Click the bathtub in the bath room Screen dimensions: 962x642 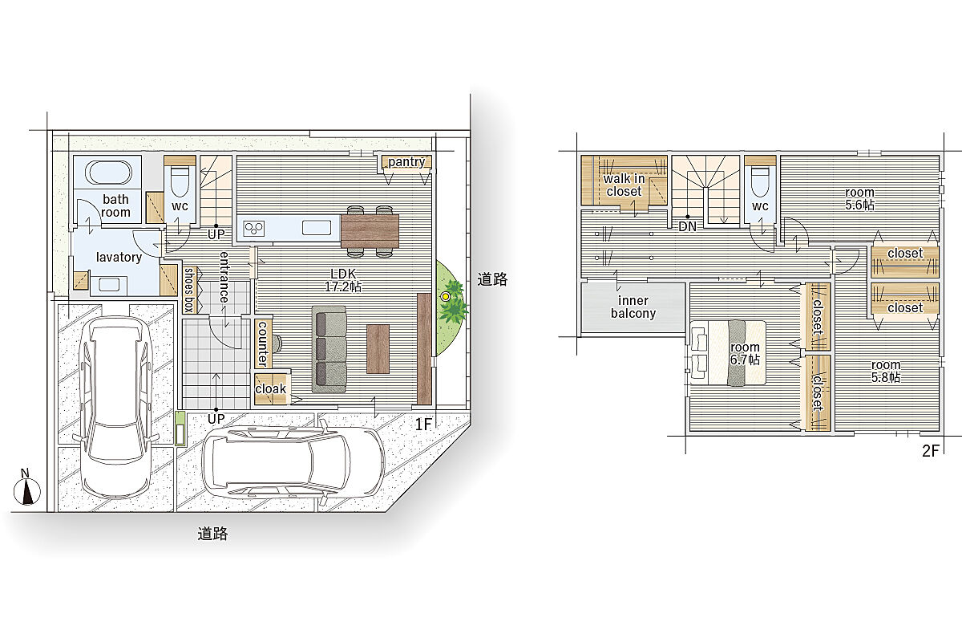108,173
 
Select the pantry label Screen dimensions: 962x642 406,161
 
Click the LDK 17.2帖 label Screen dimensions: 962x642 343,280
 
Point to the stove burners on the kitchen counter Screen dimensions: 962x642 254,228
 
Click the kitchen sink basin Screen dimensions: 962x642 317,227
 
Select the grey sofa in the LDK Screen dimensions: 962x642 329,349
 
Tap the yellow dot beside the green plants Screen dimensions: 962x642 446,296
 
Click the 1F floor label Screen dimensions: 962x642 423,425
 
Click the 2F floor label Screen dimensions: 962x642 931,450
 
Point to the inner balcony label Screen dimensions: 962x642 633,307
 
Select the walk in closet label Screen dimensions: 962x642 624,185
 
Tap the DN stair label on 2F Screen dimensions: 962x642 688,226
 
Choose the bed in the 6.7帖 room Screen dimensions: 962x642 728,352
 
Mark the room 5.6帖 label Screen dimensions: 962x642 859,198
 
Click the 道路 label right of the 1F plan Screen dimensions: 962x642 492,279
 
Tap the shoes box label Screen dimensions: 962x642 189,290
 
